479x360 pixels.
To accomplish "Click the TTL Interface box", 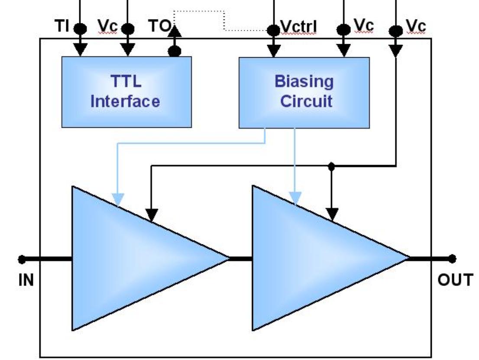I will [126, 92].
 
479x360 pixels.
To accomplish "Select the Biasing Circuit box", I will [304, 92].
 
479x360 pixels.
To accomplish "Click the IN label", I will [26, 280].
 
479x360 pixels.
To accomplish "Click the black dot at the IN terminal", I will [22, 259].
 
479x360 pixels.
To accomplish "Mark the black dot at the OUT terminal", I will [453, 259].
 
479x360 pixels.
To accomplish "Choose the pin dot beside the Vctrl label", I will [273, 30].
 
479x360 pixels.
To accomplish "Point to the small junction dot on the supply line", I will [331, 165].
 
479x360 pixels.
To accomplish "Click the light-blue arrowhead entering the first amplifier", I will [117, 199].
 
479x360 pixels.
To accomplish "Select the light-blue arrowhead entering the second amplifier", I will [295, 198].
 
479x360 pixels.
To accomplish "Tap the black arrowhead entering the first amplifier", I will [151, 214].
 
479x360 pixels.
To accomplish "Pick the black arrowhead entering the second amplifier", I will [332, 214].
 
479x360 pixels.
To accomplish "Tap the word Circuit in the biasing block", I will [306, 102].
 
